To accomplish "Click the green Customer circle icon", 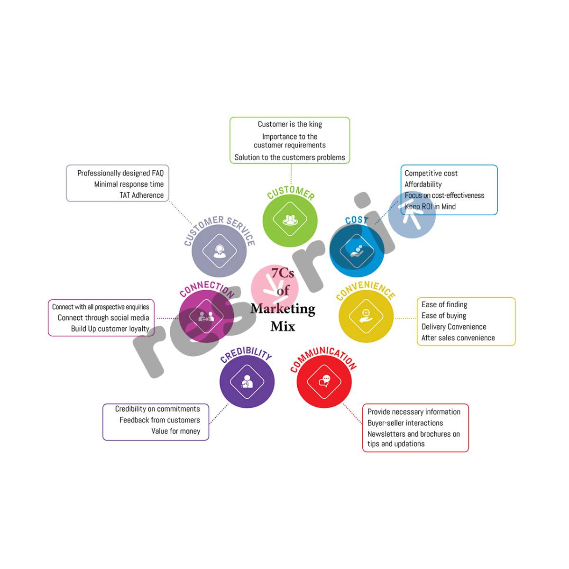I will tap(290, 220).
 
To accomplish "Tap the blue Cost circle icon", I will tap(357, 250).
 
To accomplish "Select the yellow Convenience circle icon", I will tap(366, 315).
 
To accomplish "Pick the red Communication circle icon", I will tap(324, 381).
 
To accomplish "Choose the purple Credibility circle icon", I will tap(247, 381).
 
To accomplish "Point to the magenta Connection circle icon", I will tap(207, 315).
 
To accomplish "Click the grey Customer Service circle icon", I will tap(219, 250).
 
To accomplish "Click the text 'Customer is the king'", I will tap(290, 124).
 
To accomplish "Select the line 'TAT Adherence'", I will tap(141, 195).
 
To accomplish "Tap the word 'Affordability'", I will tap(423, 184).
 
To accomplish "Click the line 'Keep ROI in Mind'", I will tap(430, 207).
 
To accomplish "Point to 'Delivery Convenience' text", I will tap(454, 327).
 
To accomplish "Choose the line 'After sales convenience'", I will tap(458, 338).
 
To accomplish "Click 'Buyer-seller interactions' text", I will tap(405, 423).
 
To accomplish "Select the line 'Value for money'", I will tap(175, 431).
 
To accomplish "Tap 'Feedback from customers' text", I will tap(159, 420).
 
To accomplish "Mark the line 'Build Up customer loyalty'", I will tap(110, 329).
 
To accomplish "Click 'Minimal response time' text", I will tap(128, 184).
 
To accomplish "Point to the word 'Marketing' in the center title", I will tap(283, 309).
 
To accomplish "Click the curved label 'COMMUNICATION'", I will tap(323, 358).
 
